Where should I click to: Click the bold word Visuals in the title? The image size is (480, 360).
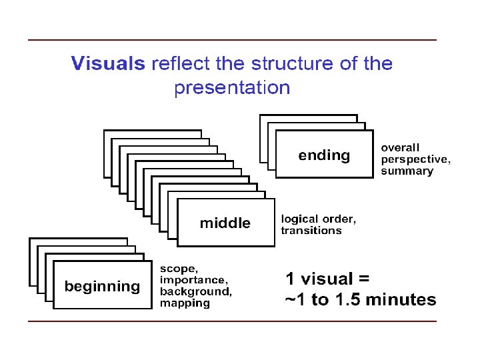click(x=107, y=64)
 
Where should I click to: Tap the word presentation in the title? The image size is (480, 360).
click(x=232, y=88)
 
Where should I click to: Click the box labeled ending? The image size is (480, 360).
click(x=324, y=155)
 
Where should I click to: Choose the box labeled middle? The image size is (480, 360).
click(x=225, y=223)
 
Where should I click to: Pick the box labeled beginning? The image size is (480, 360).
click(x=102, y=287)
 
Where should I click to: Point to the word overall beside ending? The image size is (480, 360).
click(x=400, y=147)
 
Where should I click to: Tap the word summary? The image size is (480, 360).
click(x=407, y=171)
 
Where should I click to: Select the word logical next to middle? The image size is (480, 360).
click(x=301, y=219)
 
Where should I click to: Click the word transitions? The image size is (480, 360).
click(x=311, y=231)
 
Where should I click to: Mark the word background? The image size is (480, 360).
click(x=196, y=291)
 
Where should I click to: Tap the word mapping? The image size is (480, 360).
click(x=185, y=303)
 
